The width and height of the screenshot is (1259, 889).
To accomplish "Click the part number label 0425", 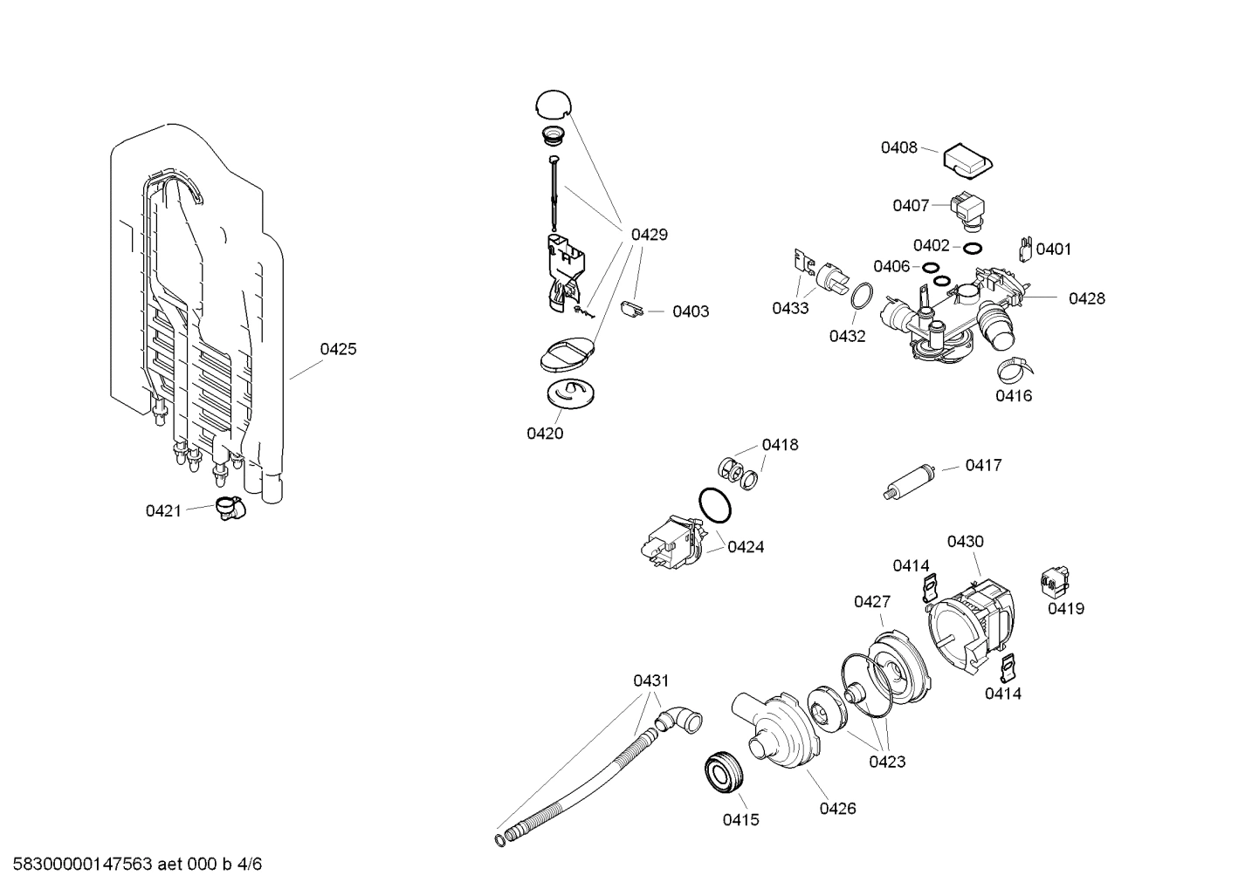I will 338,349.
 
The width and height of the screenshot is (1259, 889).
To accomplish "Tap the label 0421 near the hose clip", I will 163,510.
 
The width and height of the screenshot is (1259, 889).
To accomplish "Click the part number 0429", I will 649,234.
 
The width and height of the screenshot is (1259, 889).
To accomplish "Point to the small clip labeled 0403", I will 633,308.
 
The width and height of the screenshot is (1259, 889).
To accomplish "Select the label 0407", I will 910,205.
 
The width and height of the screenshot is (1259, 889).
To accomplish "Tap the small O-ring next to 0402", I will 971,248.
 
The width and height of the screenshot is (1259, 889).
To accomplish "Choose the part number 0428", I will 1086,298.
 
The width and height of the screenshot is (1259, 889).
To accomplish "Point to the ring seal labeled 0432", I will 860,296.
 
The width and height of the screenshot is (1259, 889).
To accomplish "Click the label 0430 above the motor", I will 965,541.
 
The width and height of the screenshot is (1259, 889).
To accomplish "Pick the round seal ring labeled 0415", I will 723,772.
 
